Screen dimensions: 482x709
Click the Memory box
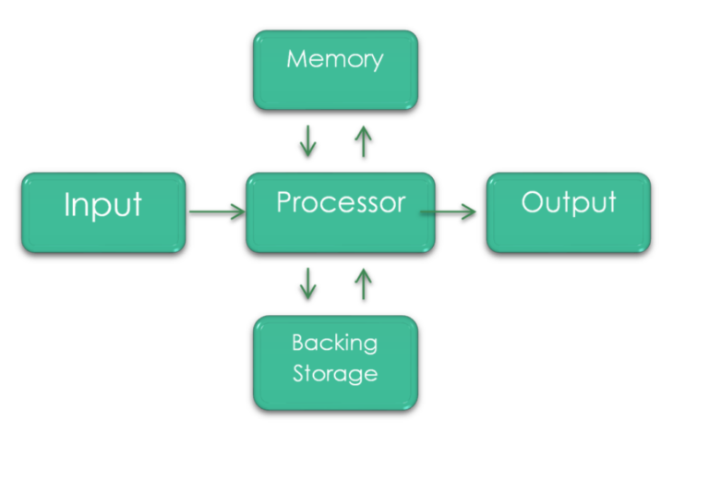tap(335, 70)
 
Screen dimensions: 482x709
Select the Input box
tap(103, 212)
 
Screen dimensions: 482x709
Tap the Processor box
tap(340, 212)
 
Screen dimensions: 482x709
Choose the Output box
tap(568, 212)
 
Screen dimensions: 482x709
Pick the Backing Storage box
tap(335, 362)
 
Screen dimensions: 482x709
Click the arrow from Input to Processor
tap(217, 212)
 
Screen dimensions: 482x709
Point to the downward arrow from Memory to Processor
tap(308, 140)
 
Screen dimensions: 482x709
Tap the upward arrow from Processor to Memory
tap(363, 140)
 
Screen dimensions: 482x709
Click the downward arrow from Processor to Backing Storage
tap(308, 283)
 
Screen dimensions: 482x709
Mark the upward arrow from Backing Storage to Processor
tap(363, 283)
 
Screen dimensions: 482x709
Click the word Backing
tap(335, 344)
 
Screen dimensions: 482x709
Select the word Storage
tap(335, 374)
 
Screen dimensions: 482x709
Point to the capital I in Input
tap(67, 205)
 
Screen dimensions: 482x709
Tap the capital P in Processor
tap(283, 202)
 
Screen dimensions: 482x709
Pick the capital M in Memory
tap(295, 60)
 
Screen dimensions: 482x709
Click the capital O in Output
tap(532, 202)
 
